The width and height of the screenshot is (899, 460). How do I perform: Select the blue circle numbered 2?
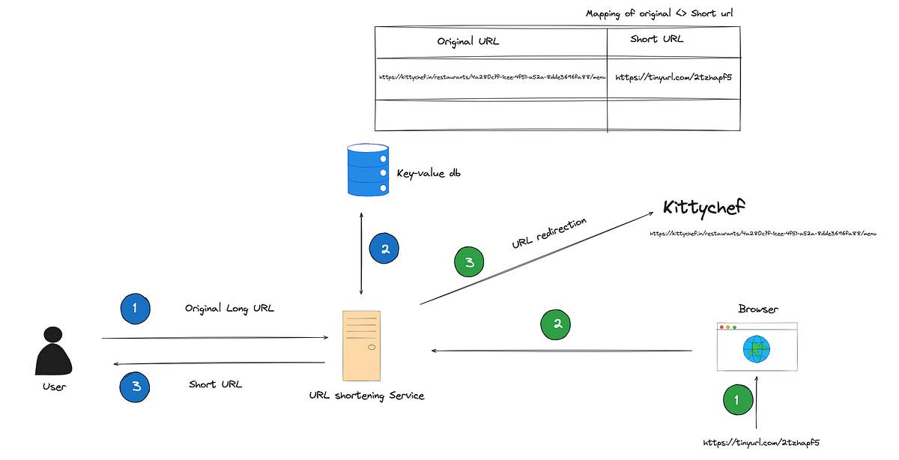385,249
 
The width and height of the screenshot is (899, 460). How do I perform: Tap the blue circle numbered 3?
136,386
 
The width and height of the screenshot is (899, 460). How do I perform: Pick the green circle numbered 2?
556,324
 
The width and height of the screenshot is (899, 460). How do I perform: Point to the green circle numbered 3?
469,263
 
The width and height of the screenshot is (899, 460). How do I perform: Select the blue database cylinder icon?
368,170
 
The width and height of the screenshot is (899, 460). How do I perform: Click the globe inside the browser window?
757,348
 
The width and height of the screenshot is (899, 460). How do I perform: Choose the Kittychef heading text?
705,208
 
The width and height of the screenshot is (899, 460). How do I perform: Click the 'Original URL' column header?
468,42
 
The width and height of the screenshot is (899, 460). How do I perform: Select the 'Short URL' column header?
656,39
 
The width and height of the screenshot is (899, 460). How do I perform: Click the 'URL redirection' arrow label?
549,234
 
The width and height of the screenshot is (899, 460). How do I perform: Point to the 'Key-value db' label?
429,173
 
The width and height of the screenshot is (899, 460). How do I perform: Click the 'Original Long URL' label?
230,308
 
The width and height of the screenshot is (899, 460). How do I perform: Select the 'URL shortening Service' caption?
366,395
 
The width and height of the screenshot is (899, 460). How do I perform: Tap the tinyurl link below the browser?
764,443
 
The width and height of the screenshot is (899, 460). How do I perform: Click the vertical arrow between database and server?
363,253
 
